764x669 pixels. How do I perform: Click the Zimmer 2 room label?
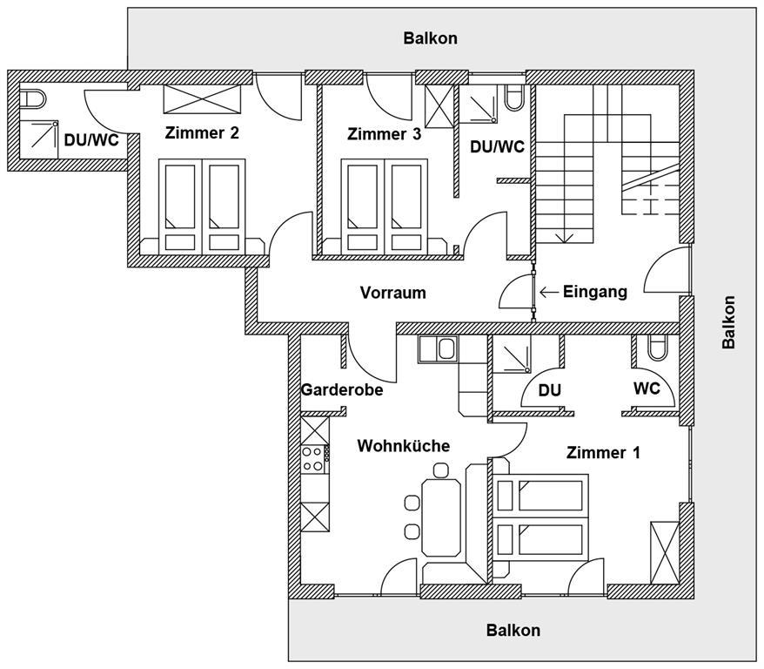click(x=202, y=132)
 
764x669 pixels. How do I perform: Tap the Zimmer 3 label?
click(x=384, y=134)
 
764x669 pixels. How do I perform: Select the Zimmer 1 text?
click(x=603, y=452)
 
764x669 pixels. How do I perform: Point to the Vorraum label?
click(x=392, y=293)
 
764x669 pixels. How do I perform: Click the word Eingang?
click(x=595, y=292)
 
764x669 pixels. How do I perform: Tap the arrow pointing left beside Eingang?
click(x=549, y=292)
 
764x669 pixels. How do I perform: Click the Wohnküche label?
click(x=404, y=446)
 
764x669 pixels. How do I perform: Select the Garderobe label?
click(x=342, y=389)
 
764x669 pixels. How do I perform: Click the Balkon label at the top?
click(x=430, y=38)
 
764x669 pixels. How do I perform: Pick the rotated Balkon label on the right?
click(x=728, y=321)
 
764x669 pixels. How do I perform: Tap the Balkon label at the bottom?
click(x=513, y=630)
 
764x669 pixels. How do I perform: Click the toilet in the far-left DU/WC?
click(x=32, y=99)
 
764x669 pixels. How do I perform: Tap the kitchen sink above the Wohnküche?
click(x=438, y=349)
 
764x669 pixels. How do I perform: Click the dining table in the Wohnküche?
click(x=441, y=517)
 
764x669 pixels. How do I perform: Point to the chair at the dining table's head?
click(x=440, y=470)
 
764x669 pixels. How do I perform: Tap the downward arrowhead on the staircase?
click(x=565, y=237)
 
